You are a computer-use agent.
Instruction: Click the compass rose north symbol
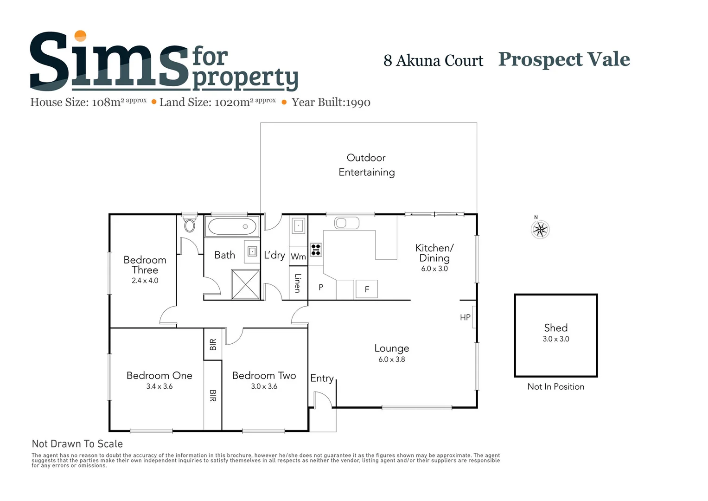540,229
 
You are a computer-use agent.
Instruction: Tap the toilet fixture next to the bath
189,225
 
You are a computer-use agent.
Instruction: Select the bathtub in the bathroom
232,227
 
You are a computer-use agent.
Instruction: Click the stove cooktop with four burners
316,250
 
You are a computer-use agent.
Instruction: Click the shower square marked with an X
245,284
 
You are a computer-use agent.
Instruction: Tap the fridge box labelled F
366,289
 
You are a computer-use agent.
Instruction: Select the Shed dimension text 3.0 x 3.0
555,339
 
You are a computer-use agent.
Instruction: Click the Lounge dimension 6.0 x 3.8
391,360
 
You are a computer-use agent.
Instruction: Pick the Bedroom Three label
145,265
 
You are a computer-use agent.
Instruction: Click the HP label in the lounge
465,317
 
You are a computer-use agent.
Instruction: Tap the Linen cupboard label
298,283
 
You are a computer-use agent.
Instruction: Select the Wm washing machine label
298,257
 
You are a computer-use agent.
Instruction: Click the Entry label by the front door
322,379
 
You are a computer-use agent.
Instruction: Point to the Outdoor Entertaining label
366,165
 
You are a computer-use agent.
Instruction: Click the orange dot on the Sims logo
81,36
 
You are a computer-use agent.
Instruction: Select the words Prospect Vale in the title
564,59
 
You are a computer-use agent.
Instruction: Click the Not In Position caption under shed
555,387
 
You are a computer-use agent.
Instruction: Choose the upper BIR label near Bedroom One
213,345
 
